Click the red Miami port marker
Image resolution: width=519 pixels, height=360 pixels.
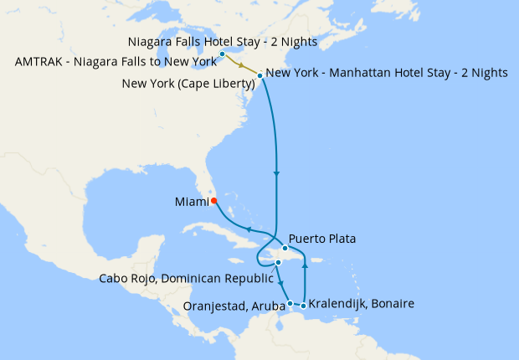pos(213,200)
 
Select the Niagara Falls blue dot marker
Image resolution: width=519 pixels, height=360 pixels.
pos(222,54)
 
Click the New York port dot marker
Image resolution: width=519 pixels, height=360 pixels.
pos(260,76)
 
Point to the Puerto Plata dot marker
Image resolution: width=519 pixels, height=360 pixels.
pos(285,248)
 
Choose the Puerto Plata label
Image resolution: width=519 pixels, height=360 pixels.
pos(322,239)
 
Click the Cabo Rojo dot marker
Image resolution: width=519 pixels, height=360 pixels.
pos(278,263)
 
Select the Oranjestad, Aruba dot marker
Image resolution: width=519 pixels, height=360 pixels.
pos(290,303)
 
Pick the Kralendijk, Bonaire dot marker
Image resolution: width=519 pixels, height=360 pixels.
pos(303,304)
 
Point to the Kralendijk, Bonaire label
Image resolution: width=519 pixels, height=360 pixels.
pos(362,303)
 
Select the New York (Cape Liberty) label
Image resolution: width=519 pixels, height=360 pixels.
pos(188,83)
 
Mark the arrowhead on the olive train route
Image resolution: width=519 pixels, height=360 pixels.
pos(242,65)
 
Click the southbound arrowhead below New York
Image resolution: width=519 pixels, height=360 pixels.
pos(276,173)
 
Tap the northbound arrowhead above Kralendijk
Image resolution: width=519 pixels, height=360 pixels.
pos(304,272)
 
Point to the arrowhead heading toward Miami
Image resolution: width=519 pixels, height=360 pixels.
pos(248,229)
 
